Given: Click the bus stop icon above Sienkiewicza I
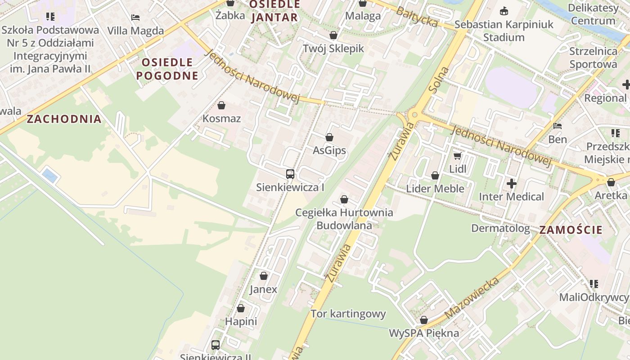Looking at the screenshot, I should tap(290, 174).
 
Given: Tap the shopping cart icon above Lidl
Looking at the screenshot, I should tap(458, 156).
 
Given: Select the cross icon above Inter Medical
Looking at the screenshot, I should tap(511, 184).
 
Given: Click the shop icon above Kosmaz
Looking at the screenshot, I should tap(221, 106).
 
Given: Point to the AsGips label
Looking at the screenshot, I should tap(329, 150).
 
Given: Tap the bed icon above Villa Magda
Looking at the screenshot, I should tap(135, 18).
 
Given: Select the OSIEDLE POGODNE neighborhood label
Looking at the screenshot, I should tap(167, 69).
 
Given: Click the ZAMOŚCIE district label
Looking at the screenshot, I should tap(571, 230).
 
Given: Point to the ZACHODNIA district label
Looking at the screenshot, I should tap(64, 119).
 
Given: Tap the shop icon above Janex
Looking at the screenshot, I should tap(264, 276).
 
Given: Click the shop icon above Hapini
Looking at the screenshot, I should tap(241, 309).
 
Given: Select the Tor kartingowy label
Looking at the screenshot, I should tap(348, 314).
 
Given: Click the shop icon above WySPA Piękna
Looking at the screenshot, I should tap(424, 320).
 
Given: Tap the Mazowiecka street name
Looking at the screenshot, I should tap(472, 298).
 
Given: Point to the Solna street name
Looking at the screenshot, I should tap(439, 80).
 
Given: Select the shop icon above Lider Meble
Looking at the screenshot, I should tap(435, 175).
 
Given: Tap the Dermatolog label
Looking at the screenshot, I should tap(500, 228).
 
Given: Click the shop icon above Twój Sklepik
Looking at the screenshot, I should tap(333, 35).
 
